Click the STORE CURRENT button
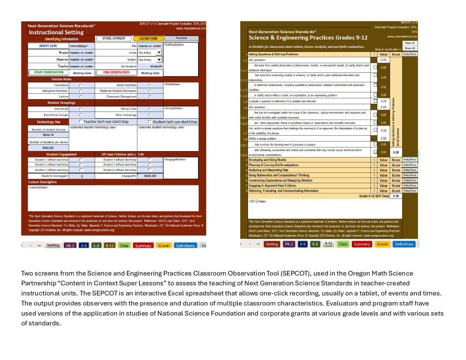(113, 39)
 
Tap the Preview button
(181, 39)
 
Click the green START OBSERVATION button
(49, 72)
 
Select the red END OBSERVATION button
(116, 72)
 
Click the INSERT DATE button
(48, 46)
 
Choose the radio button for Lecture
(81, 97)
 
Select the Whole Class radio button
(150, 109)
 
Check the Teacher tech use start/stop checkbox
(81, 122)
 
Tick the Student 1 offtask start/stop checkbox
(81, 160)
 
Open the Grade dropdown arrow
(159, 53)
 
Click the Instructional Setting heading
(56, 32)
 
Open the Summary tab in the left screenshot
(143, 246)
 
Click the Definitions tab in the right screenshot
(404, 244)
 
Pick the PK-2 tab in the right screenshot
(289, 244)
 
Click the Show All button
(410, 48)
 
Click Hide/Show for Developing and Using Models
(410, 160)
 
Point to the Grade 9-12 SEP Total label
(374, 196)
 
